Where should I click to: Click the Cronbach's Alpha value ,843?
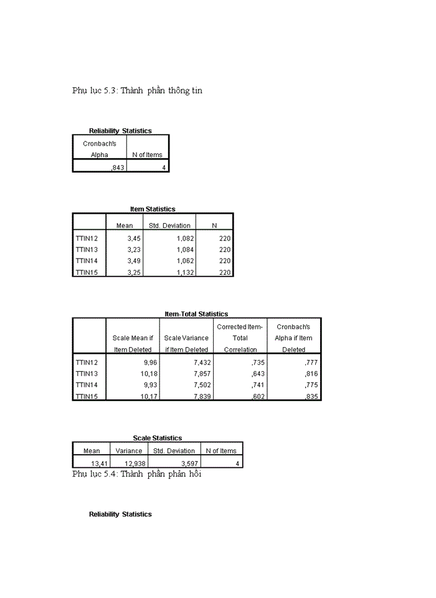117,167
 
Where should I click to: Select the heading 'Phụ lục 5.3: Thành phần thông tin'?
137,91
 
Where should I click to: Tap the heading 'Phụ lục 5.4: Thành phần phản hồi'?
136,474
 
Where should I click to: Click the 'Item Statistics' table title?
153,209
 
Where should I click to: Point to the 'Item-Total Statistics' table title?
196,314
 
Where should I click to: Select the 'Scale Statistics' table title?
158,438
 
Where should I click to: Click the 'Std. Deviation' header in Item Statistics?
169,225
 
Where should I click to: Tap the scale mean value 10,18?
140,373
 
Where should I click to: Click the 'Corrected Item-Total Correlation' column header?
240,338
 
